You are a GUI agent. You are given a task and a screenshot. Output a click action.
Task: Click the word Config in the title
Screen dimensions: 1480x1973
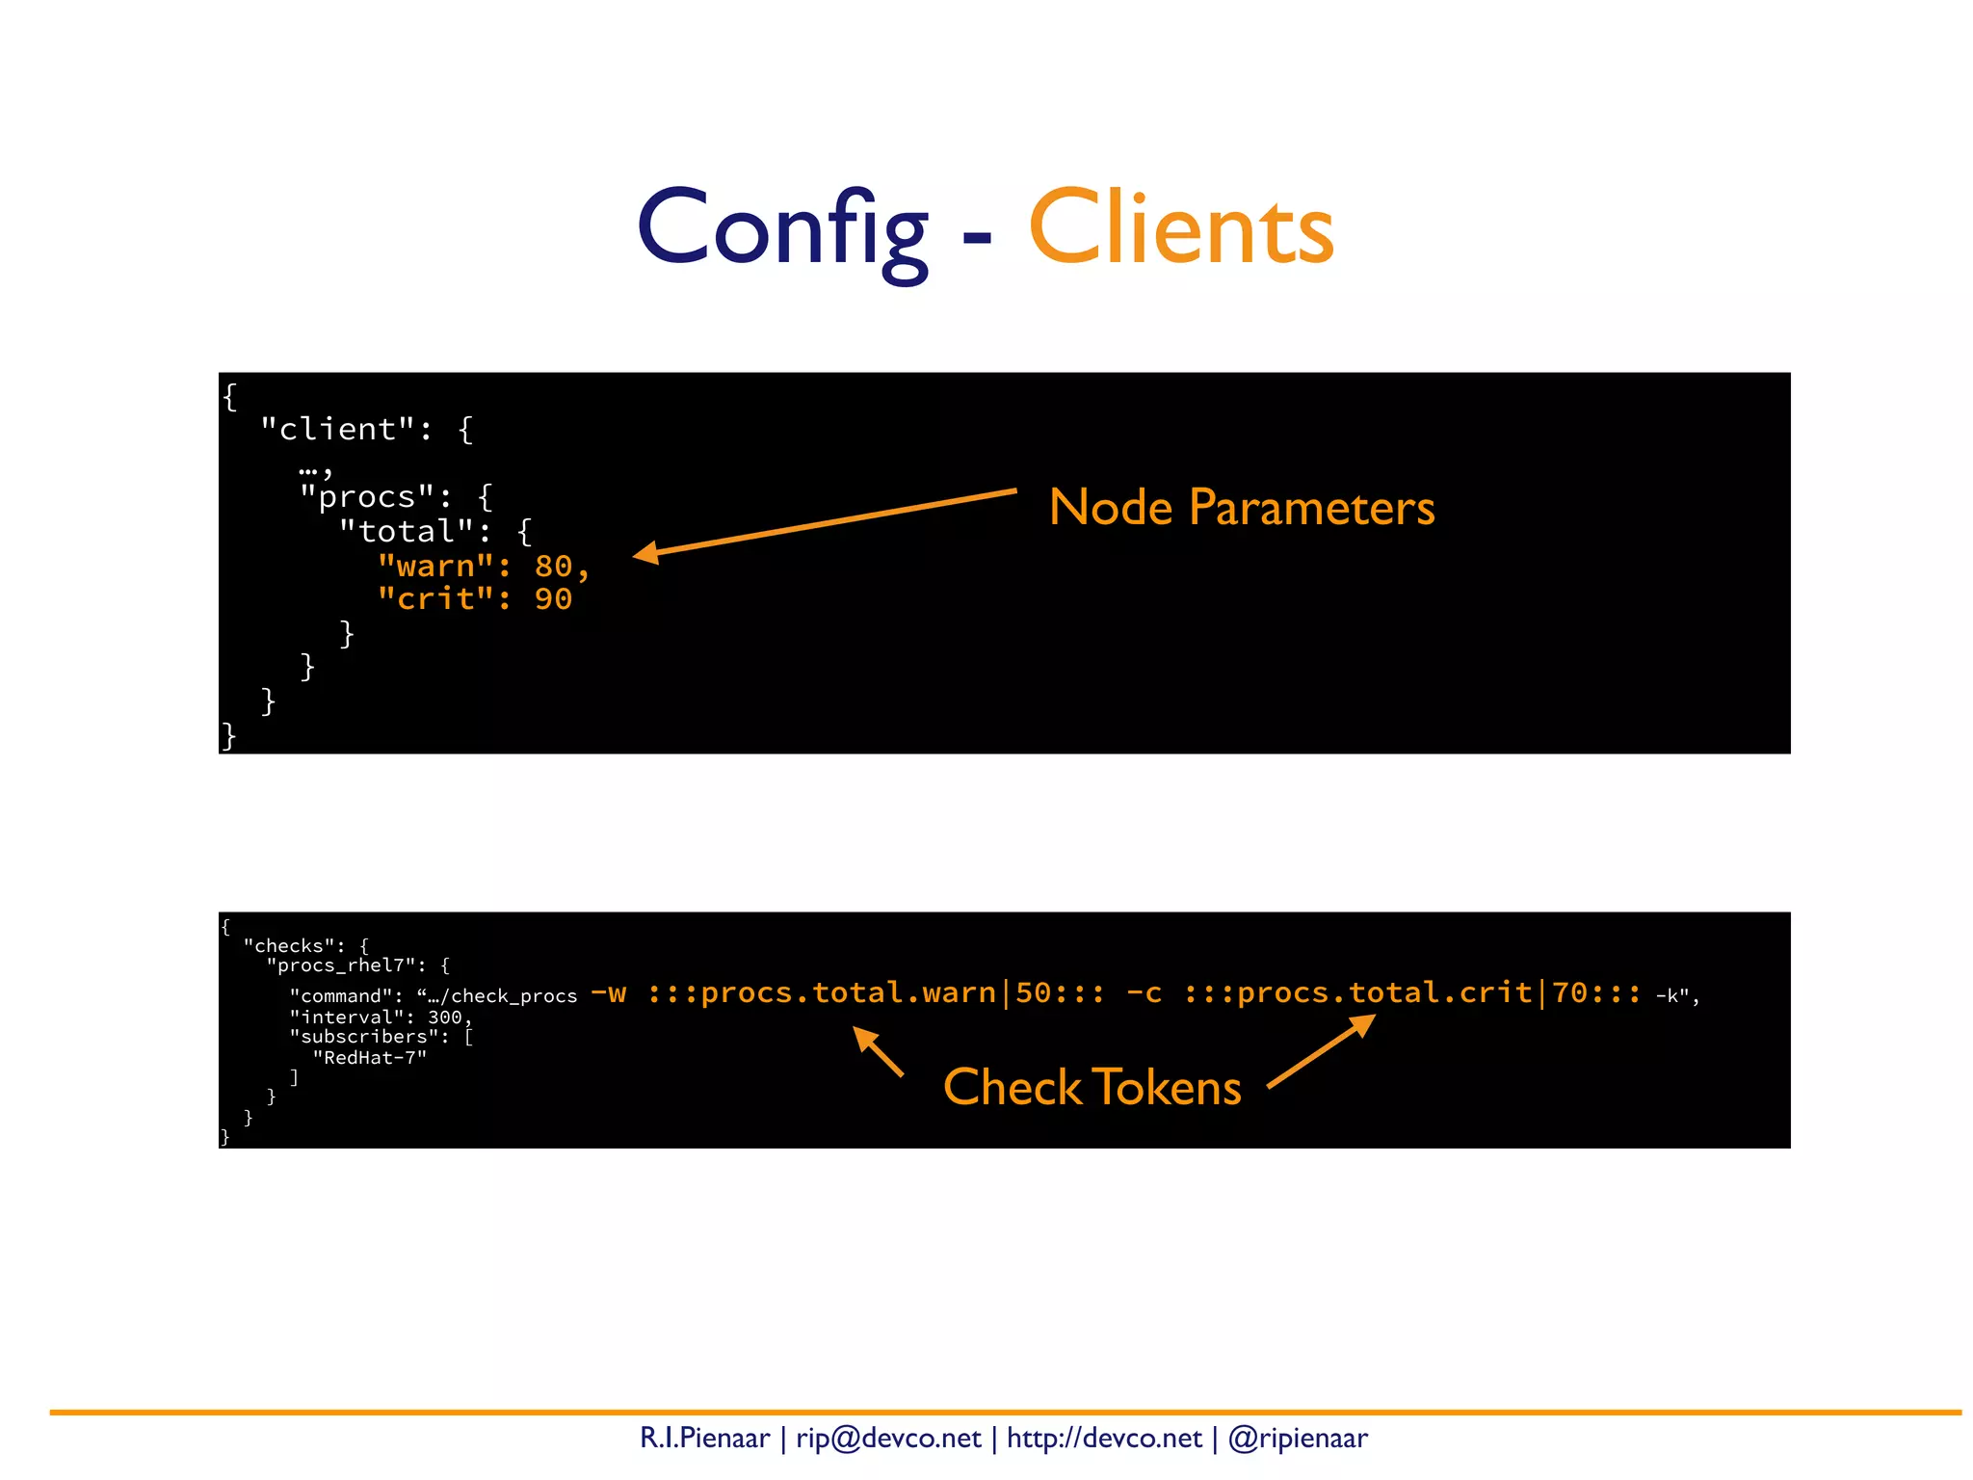pos(782,229)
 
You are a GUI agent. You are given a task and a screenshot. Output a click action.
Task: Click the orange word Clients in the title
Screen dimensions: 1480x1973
pos(1181,229)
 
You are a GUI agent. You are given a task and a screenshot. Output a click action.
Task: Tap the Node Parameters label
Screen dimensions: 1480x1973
pos(1241,507)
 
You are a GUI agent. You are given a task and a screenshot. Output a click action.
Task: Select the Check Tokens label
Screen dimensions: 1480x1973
pos(1092,1087)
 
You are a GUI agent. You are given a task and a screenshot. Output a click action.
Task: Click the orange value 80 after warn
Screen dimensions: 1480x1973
pos(554,566)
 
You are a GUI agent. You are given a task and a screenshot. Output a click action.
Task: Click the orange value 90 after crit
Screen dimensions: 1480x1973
pos(554,599)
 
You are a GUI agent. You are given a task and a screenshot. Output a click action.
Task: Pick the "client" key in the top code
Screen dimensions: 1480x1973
pos(338,429)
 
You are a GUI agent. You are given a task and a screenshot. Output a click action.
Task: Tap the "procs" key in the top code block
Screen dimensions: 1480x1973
pos(367,497)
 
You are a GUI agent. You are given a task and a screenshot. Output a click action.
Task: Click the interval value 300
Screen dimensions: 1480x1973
pos(445,1017)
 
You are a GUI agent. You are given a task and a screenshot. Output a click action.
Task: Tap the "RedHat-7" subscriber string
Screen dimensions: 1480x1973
pos(370,1058)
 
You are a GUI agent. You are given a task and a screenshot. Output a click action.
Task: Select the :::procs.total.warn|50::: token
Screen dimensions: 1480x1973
pos(876,993)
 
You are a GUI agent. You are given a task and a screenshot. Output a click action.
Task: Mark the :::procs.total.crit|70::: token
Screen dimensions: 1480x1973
pos(1412,993)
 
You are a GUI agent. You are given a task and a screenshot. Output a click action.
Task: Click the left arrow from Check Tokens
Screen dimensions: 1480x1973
pos(878,1051)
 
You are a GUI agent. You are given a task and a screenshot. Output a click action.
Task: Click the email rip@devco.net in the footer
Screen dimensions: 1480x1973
pos(888,1439)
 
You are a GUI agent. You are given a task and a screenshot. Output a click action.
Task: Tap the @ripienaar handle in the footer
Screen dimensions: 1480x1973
pos(1298,1439)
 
